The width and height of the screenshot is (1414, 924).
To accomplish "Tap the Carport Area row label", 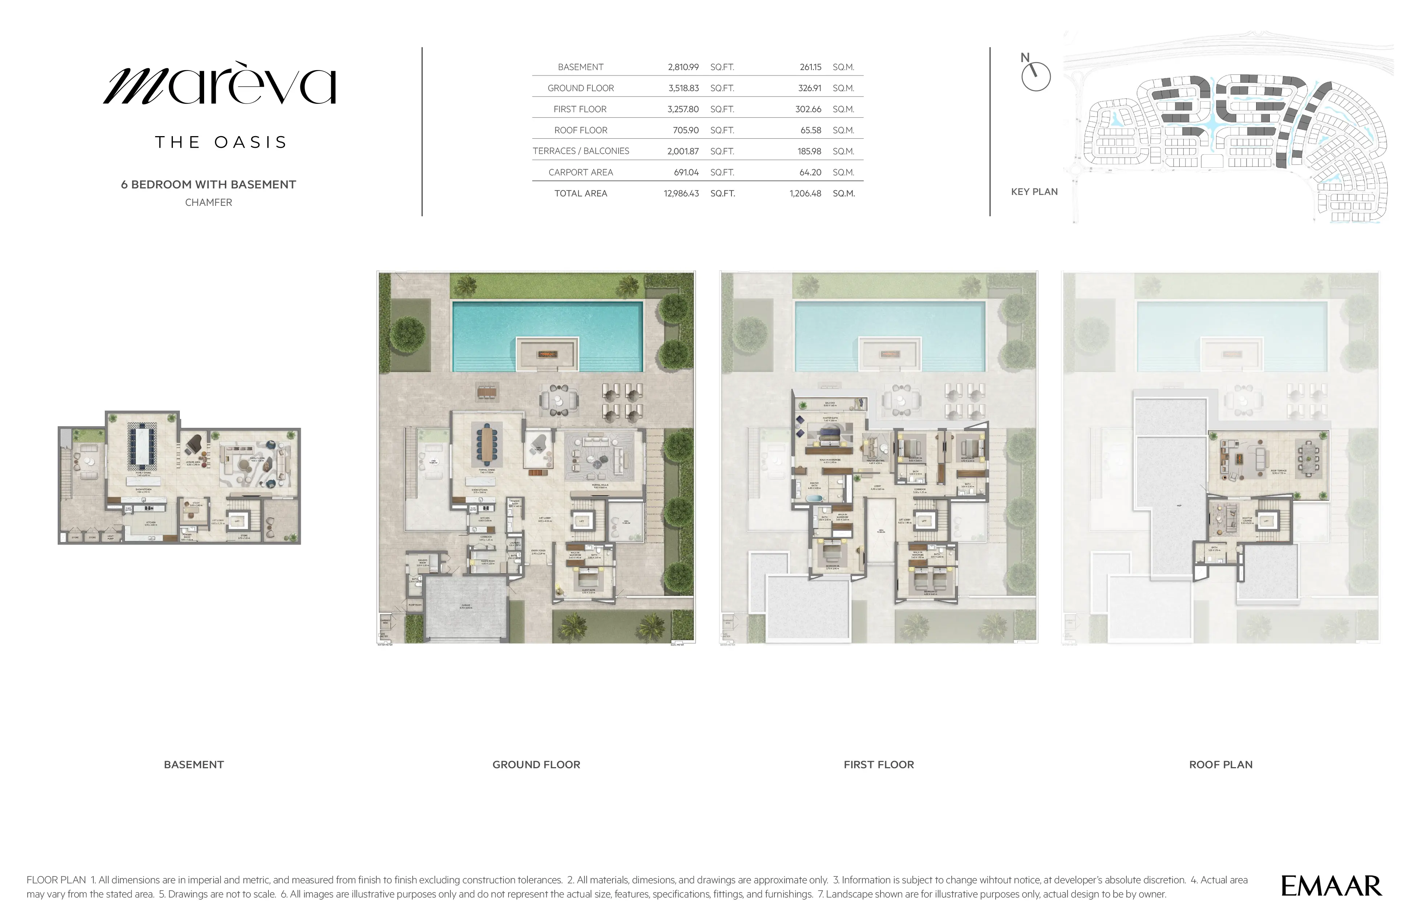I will click(x=580, y=172).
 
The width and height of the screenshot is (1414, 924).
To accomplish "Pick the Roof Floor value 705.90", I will click(x=686, y=130).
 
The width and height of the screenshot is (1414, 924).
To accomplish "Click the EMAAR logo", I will click(x=1331, y=886).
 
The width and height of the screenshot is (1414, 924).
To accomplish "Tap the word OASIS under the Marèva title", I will click(x=251, y=143).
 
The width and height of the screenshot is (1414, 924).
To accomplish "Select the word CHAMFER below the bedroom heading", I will click(x=208, y=203).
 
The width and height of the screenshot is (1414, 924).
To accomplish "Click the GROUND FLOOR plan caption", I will click(x=536, y=765).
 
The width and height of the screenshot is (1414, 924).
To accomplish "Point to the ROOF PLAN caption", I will click(x=1220, y=765).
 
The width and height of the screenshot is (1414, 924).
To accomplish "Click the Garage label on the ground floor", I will click(x=466, y=606).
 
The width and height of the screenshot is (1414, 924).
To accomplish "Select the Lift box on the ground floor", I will click(x=582, y=521).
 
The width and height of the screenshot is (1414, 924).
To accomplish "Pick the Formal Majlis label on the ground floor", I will click(x=599, y=486).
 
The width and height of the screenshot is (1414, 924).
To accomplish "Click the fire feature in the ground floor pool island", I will click(x=547, y=354).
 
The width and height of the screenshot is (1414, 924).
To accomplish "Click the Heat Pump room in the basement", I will click(x=110, y=537).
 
